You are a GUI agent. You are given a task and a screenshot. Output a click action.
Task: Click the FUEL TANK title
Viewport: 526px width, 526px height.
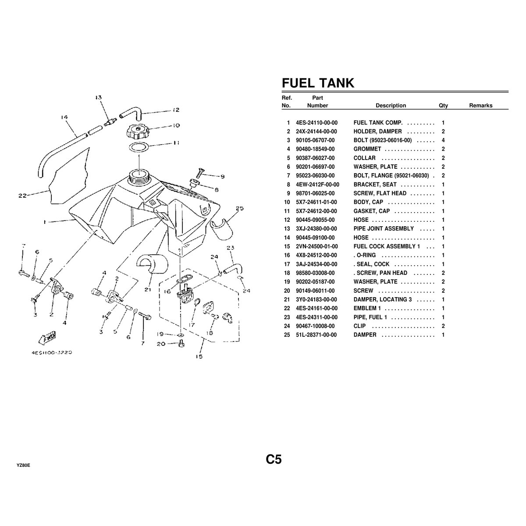coord(317,83)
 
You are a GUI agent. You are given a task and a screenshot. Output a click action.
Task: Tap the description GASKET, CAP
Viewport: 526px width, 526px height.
coord(371,211)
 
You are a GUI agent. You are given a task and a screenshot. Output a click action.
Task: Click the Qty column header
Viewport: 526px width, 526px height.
coord(443,105)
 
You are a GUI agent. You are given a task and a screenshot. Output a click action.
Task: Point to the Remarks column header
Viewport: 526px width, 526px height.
coord(480,105)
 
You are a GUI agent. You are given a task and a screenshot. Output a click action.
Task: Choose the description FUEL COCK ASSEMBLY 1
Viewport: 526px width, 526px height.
coord(387,246)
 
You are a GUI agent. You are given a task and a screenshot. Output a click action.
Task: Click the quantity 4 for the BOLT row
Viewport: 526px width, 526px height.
coord(443,140)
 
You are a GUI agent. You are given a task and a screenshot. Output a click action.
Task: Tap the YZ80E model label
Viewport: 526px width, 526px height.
coord(23,465)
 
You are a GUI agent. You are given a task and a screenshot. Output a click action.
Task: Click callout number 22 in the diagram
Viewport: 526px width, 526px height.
coord(22,196)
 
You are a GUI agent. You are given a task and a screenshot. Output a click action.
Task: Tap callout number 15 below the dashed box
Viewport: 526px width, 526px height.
coord(199,357)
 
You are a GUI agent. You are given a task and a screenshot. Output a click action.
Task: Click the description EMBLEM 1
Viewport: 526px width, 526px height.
coord(367,308)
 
